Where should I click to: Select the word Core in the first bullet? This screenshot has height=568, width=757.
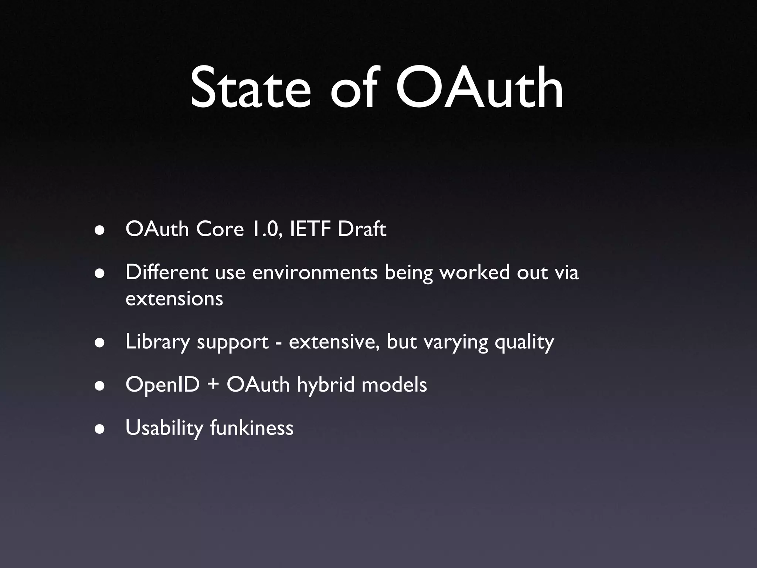[220, 229]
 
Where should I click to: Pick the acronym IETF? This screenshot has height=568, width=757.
[310, 229]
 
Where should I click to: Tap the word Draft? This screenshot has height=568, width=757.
[362, 229]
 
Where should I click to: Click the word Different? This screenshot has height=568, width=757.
[167, 273]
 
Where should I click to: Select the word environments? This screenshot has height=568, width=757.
[315, 273]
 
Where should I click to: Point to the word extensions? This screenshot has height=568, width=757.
[174, 299]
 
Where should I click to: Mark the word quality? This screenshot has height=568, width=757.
[524, 342]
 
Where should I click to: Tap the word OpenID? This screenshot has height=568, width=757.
[163, 385]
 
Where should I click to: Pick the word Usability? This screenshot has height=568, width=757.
[164, 428]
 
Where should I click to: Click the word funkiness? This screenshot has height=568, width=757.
[251, 428]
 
